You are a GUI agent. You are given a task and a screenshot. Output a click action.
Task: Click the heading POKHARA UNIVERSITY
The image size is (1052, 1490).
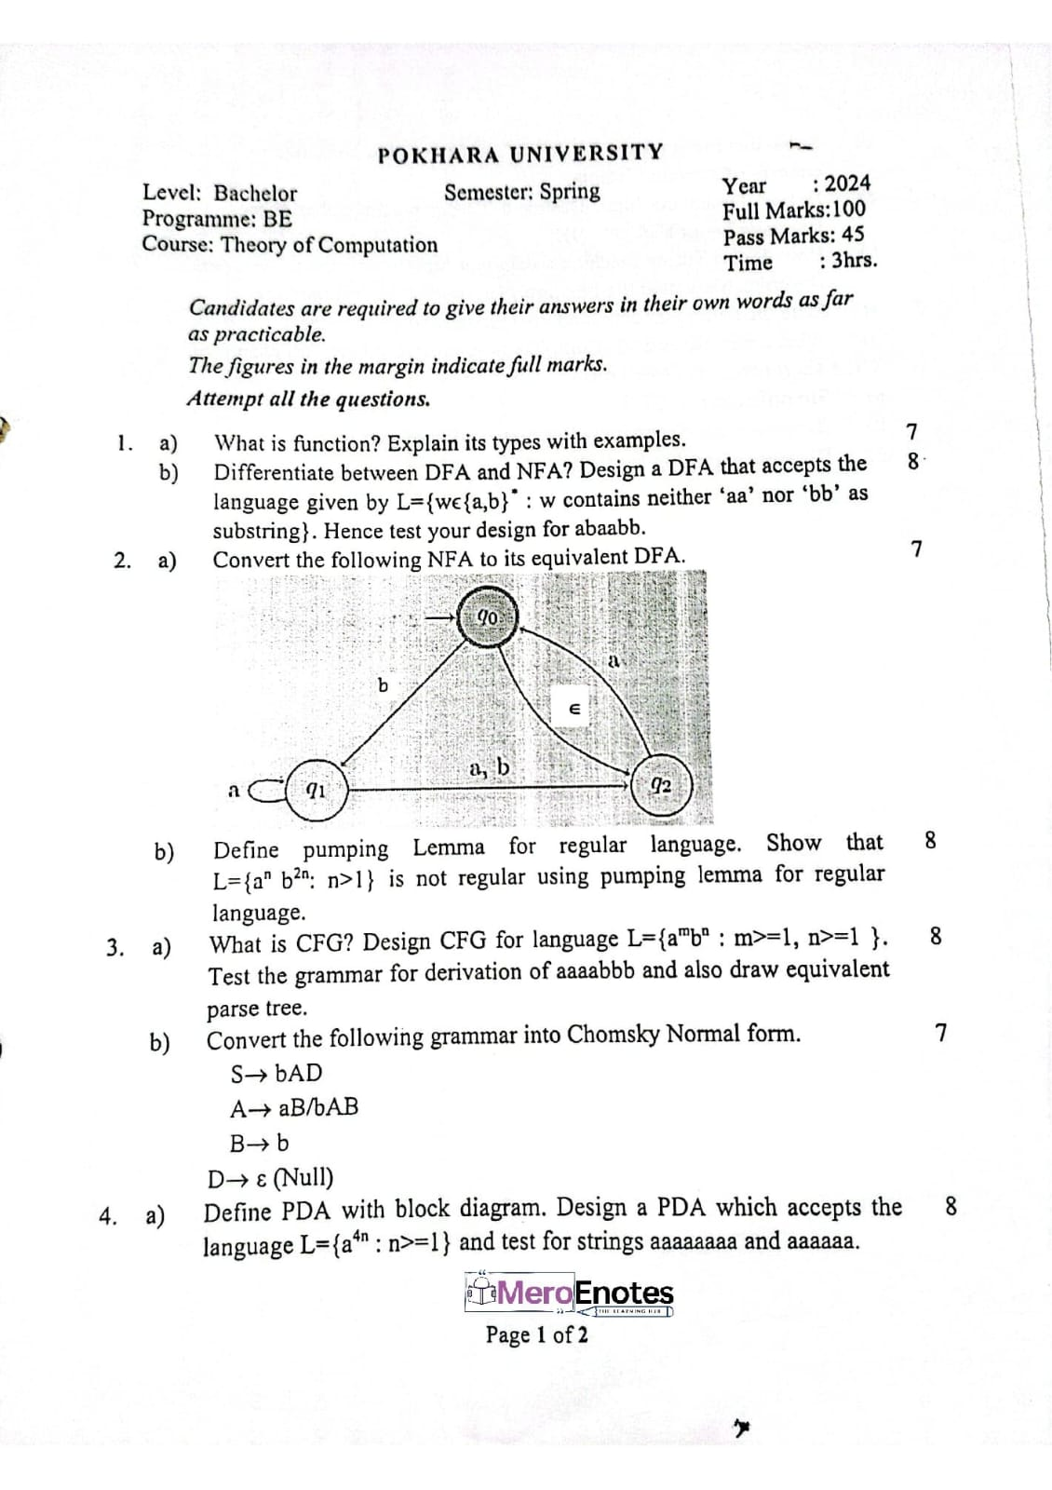coord(520,154)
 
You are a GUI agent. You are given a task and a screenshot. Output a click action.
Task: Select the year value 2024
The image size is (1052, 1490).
coord(847,183)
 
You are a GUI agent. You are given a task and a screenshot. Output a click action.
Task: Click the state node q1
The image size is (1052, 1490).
coord(316,791)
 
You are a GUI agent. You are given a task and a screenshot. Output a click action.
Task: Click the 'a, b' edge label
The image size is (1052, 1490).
coord(490,768)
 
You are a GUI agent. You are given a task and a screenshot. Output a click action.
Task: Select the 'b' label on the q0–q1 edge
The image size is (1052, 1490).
coord(383,685)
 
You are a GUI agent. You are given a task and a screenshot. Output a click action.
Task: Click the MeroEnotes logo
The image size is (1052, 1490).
coord(570,1294)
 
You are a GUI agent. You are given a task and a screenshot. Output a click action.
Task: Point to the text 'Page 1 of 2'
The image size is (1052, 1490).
coord(536,1334)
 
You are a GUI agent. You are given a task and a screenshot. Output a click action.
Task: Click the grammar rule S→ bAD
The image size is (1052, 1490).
coord(276,1073)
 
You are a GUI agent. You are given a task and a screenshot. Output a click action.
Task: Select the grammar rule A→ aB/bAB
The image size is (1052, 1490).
coord(294,1107)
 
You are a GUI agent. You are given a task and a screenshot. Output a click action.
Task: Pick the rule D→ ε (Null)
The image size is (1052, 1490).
coord(270,1178)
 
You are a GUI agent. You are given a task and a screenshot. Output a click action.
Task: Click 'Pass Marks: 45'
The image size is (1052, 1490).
coord(793,236)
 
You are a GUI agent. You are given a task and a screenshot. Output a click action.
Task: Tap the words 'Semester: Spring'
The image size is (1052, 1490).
coord(521,192)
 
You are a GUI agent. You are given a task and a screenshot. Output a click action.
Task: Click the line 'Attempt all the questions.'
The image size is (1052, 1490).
coord(308,399)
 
